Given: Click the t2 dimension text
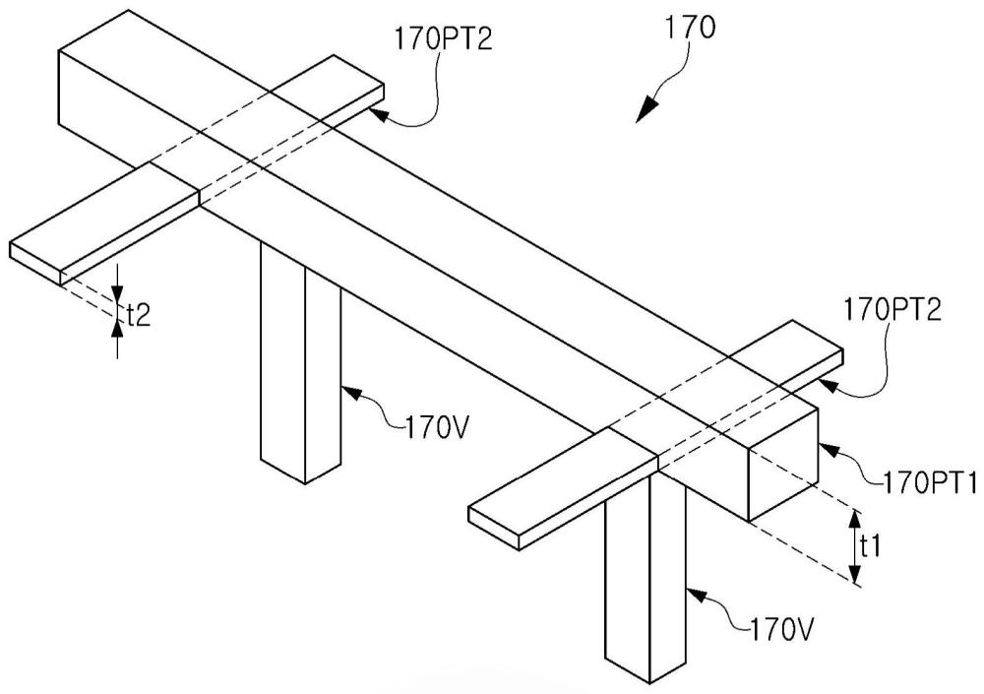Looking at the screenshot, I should tap(137, 315).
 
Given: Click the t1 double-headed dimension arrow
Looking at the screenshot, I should tap(853, 546).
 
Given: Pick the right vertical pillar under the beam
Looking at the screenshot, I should tap(645, 571).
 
